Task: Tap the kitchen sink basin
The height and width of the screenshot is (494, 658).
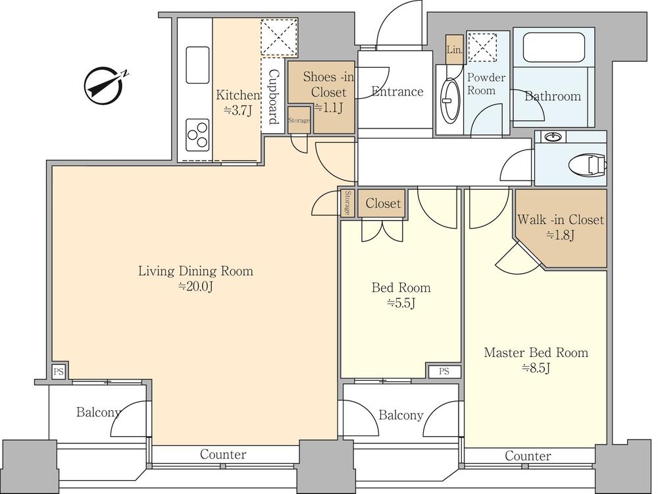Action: click(x=197, y=65)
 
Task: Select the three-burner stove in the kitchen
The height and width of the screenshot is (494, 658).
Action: click(x=197, y=134)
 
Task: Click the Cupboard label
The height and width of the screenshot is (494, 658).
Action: click(x=273, y=97)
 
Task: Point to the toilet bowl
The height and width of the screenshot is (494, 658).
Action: click(x=588, y=164)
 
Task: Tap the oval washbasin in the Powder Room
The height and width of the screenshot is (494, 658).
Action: click(x=449, y=100)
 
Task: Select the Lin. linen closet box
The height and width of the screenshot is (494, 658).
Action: click(x=455, y=49)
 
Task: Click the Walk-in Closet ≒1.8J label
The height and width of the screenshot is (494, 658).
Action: click(x=561, y=227)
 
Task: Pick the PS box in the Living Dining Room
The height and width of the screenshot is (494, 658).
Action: click(x=59, y=371)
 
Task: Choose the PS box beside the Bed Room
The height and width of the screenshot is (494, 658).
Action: click(x=444, y=371)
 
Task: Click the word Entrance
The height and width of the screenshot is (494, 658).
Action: click(x=397, y=92)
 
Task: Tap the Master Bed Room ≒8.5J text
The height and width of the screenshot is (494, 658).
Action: click(x=536, y=360)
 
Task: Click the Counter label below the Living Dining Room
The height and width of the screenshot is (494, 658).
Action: click(x=223, y=454)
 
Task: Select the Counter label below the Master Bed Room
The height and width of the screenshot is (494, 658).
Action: click(x=528, y=456)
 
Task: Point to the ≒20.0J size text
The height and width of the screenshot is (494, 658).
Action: click(x=196, y=287)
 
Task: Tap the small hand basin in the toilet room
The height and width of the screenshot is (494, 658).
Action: click(x=553, y=136)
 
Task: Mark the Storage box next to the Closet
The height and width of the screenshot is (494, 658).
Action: click(x=347, y=204)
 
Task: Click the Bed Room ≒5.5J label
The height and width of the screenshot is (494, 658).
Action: click(x=401, y=295)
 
